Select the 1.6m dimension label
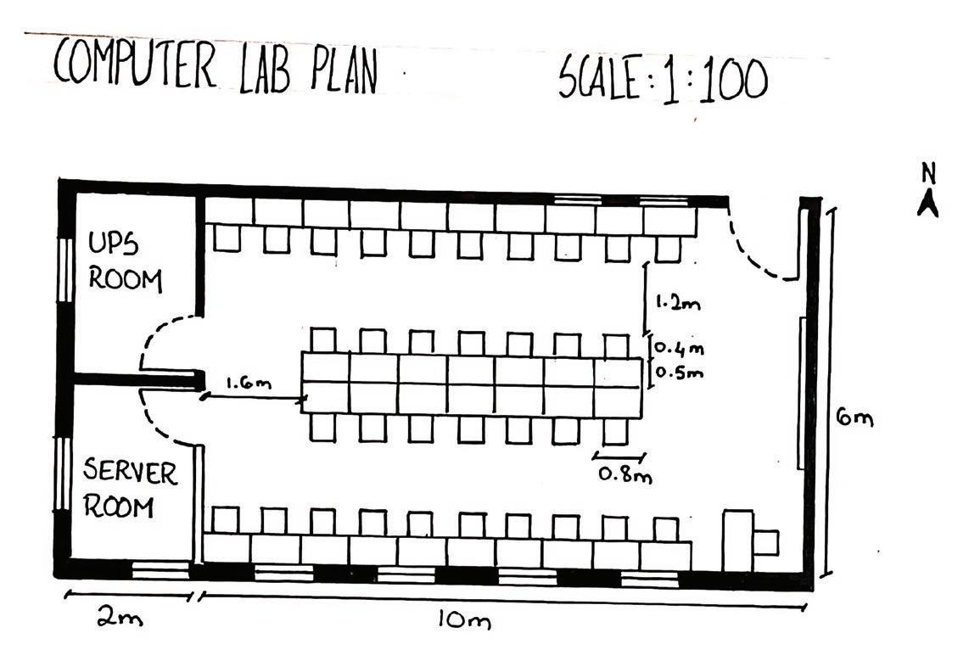pos(248,384)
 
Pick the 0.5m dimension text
pos(680,372)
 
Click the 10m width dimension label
pos(463,621)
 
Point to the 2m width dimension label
pos(120,619)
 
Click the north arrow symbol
pos(928,204)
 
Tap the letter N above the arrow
pos(928,173)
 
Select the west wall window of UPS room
pos(62,268)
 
